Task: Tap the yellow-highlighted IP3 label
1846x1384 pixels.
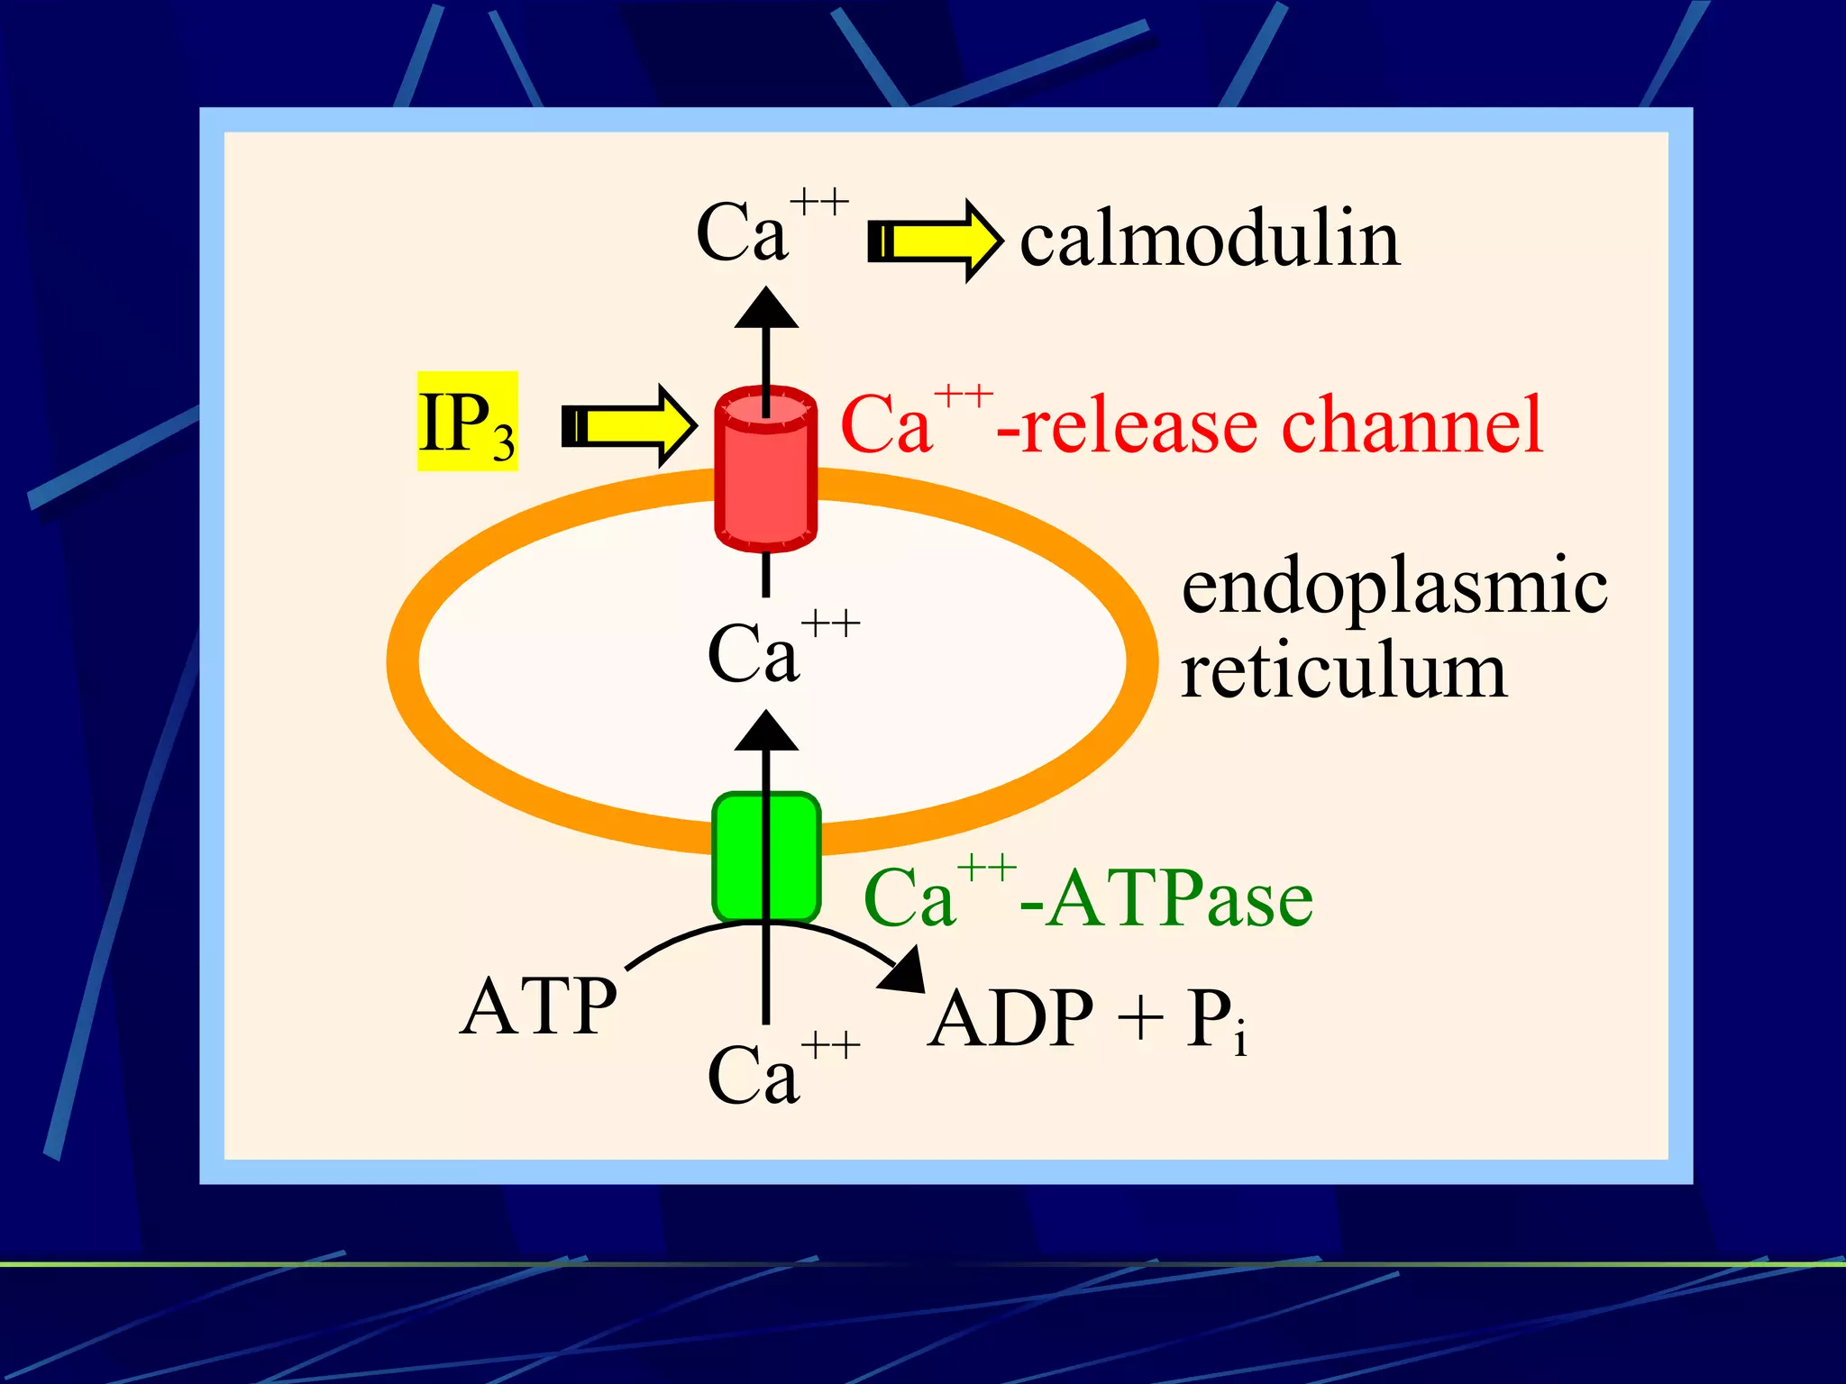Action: point(467,422)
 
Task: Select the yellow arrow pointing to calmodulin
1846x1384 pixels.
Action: point(935,241)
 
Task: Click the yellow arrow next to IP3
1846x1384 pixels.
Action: point(629,425)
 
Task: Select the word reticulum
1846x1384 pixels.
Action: point(1343,671)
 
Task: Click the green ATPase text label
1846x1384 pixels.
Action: point(1181,898)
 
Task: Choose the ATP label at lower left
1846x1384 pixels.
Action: point(538,1006)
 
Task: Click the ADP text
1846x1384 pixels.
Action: point(1011,1018)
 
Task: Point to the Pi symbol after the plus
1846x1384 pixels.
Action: point(1216,1020)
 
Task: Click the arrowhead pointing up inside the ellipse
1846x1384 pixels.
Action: point(766,733)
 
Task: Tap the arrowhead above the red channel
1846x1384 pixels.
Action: point(766,310)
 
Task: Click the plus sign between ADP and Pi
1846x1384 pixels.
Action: point(1138,1019)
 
